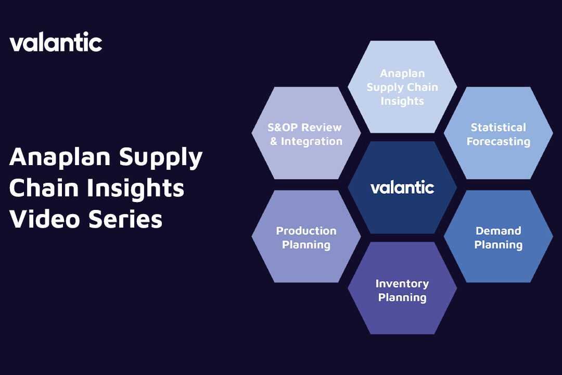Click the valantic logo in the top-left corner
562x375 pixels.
point(56,42)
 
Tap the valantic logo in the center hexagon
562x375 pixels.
point(402,187)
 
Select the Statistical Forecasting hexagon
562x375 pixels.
point(498,134)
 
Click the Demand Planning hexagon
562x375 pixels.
point(498,238)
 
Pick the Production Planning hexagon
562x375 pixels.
point(306,238)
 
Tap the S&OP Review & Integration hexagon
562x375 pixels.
point(306,134)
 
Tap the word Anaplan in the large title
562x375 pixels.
point(60,157)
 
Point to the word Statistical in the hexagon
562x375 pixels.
point(498,128)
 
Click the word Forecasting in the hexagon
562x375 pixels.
point(498,141)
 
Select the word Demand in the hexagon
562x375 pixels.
point(498,231)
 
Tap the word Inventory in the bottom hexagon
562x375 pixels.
point(402,284)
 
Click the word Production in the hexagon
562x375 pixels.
point(306,231)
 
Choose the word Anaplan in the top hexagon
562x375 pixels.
point(402,73)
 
